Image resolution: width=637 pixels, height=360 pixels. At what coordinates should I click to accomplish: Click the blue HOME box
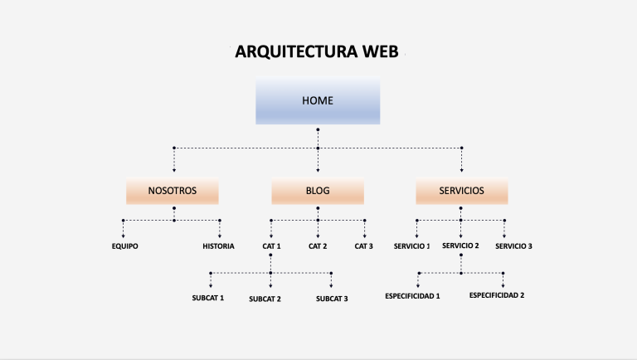pyautogui.click(x=318, y=101)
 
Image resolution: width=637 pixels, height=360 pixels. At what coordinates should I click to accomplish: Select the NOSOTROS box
pyautogui.click(x=173, y=191)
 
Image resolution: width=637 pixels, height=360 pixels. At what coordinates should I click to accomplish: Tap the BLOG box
pyautogui.click(x=318, y=191)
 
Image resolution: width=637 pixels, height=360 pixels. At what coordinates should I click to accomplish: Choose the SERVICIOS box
pyautogui.click(x=462, y=191)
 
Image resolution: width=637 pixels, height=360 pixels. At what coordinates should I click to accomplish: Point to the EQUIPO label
pyautogui.click(x=124, y=246)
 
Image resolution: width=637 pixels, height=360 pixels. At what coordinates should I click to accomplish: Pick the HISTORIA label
pyautogui.click(x=218, y=246)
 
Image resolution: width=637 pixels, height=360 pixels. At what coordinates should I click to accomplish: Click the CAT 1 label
pyautogui.click(x=272, y=246)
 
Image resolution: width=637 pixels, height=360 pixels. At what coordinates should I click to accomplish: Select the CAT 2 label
pyautogui.click(x=318, y=246)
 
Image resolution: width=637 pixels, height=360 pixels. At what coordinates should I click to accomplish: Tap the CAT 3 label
pyautogui.click(x=364, y=246)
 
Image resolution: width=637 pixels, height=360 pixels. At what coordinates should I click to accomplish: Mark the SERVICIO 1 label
pyautogui.click(x=412, y=246)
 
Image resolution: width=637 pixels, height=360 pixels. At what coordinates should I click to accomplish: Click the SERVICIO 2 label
pyautogui.click(x=460, y=246)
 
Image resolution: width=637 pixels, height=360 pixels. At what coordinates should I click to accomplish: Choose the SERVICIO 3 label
pyautogui.click(x=514, y=246)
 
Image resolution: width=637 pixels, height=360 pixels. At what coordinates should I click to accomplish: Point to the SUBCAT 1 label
pyautogui.click(x=208, y=297)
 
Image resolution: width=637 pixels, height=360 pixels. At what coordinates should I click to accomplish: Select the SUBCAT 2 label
pyautogui.click(x=265, y=299)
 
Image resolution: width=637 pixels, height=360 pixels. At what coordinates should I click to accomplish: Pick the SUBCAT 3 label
pyautogui.click(x=332, y=299)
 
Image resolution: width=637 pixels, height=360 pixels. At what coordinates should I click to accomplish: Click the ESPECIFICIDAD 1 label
pyautogui.click(x=412, y=296)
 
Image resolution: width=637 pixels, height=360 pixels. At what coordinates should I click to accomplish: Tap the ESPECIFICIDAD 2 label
pyautogui.click(x=497, y=295)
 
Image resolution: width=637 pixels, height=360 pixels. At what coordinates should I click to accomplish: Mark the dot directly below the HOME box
pyautogui.click(x=318, y=130)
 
